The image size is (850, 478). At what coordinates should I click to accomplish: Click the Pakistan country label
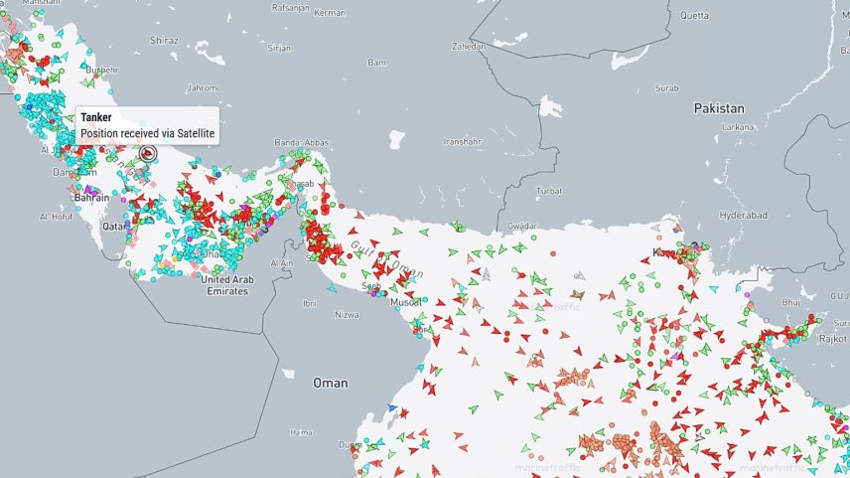719,107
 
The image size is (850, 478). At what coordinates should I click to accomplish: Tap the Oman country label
331,383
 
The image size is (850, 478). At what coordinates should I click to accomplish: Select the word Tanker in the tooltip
96,117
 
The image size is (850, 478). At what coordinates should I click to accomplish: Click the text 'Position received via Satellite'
148,132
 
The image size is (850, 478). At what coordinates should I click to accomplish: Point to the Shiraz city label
164,41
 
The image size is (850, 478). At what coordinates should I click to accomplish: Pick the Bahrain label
91,198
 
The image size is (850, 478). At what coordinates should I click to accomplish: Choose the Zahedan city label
470,46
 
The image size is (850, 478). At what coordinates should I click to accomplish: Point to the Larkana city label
738,127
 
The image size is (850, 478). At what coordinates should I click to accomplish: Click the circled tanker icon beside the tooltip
148,153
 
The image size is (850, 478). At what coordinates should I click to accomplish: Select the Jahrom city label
201,86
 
